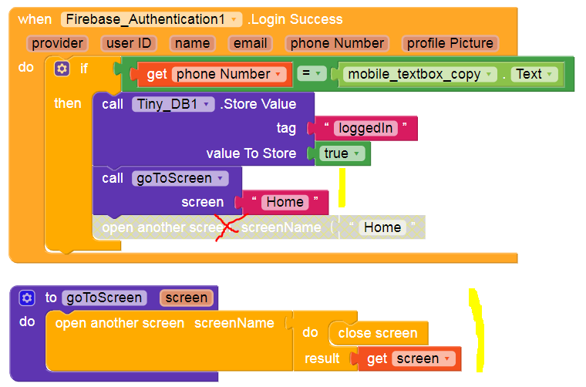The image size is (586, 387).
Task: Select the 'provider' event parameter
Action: [58, 43]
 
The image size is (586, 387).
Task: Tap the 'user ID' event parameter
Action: [129, 43]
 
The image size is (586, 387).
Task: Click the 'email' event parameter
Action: [251, 43]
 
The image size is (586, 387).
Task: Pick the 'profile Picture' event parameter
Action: [450, 43]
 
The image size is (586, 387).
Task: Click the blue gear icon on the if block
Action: [62, 69]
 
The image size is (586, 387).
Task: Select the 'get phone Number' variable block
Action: [208, 74]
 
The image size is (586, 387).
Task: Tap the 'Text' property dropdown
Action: [534, 74]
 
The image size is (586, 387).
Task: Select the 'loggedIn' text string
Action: [366, 128]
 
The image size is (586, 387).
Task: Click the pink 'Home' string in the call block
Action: [285, 202]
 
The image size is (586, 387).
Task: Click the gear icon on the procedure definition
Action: [27, 298]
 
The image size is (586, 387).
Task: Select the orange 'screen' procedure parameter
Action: [186, 298]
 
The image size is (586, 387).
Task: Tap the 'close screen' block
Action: [378, 333]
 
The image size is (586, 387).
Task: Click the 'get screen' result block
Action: [404, 358]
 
